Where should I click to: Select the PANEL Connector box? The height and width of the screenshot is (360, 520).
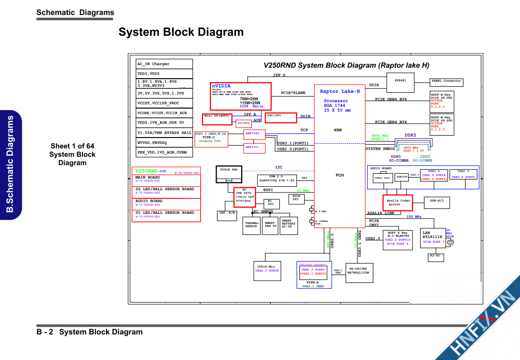point(446,83)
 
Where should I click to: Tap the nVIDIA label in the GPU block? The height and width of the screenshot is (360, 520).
point(221,86)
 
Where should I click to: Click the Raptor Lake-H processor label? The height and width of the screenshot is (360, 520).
point(340,91)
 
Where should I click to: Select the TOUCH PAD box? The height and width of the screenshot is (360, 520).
point(229,173)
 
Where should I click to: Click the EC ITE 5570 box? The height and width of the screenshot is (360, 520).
point(244,196)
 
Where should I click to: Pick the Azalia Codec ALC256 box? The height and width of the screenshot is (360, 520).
point(398,203)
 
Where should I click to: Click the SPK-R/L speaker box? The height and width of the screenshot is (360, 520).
point(437,203)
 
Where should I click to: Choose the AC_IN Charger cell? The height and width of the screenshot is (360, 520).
point(164,64)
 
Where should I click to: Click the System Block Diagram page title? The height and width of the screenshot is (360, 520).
point(181,32)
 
